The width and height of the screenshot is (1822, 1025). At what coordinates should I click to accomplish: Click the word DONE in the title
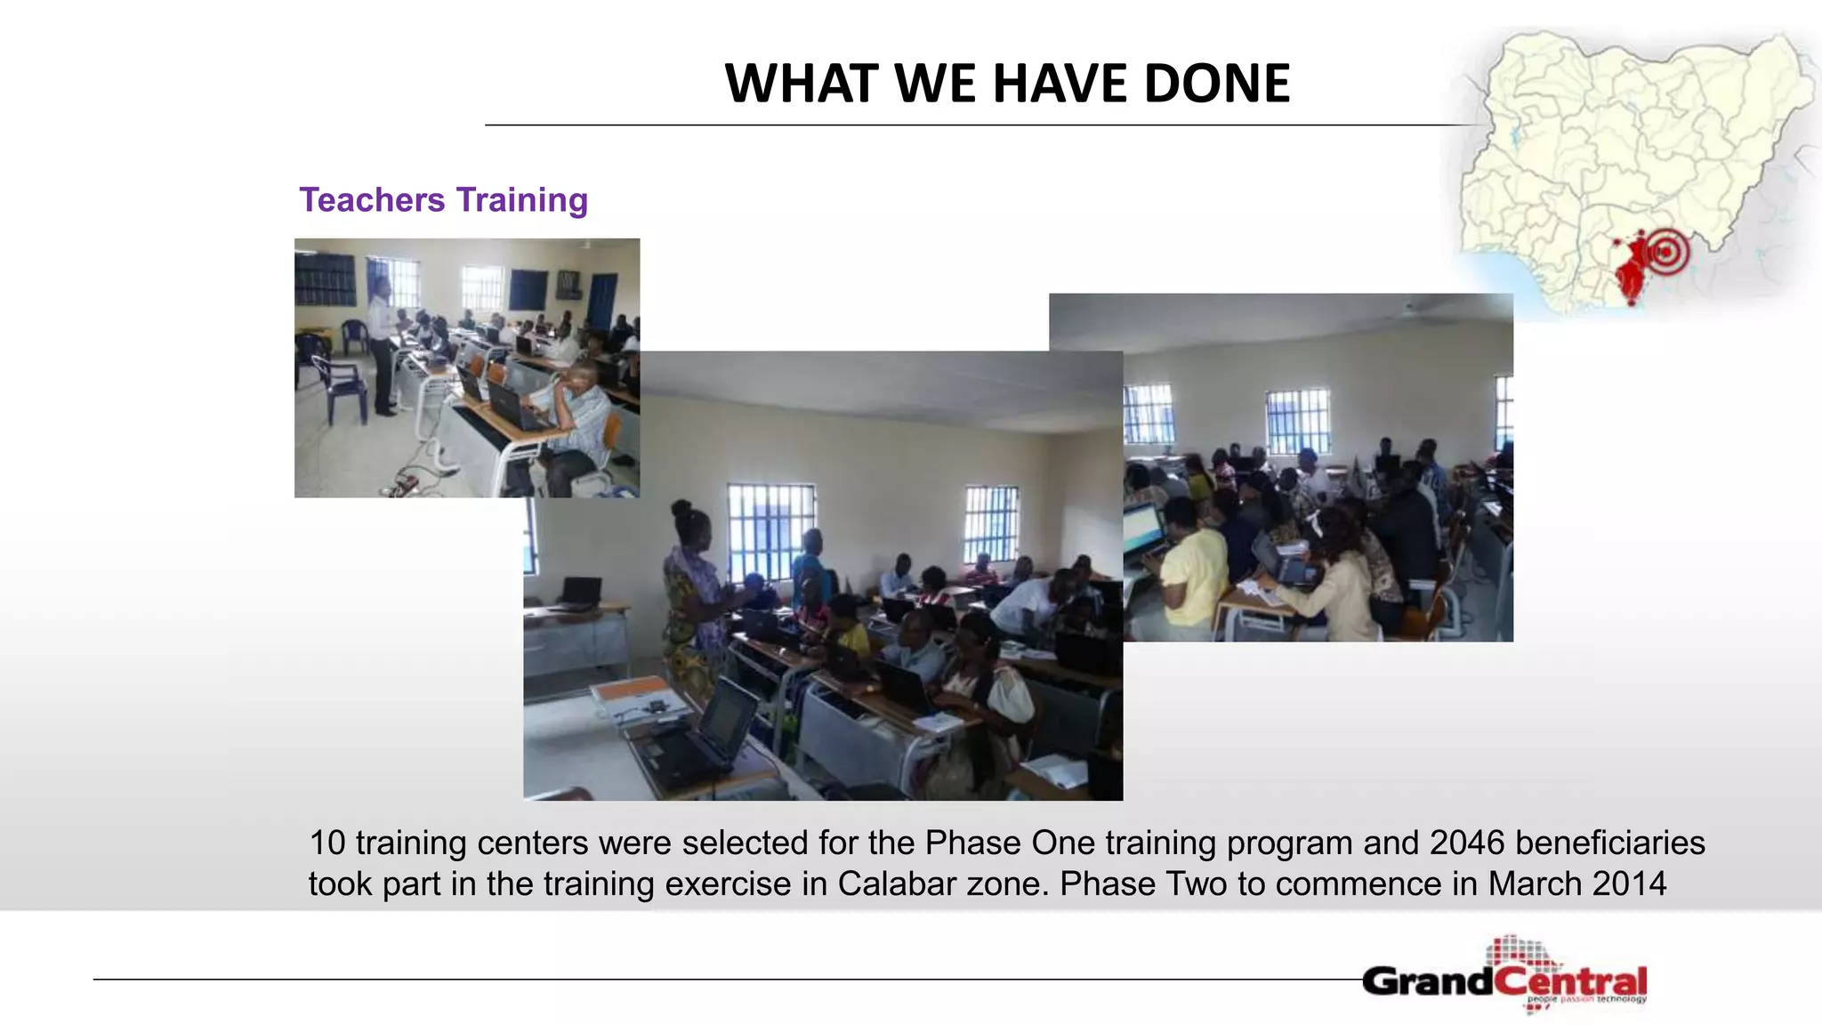tap(1216, 84)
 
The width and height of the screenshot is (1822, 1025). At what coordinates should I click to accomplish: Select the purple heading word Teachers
tap(372, 200)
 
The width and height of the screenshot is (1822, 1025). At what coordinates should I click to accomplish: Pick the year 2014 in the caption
tap(1630, 884)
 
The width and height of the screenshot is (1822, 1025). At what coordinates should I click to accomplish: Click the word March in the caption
tap(1536, 884)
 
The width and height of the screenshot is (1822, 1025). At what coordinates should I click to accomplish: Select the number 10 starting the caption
tap(327, 843)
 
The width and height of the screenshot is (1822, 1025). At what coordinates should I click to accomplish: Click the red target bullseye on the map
tap(1666, 252)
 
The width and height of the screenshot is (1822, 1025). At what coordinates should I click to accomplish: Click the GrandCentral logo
tap(1504, 979)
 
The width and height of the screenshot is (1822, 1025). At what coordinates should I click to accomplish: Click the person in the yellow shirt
tap(1194, 569)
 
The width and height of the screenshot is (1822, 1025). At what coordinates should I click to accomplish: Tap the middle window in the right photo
tap(1298, 421)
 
